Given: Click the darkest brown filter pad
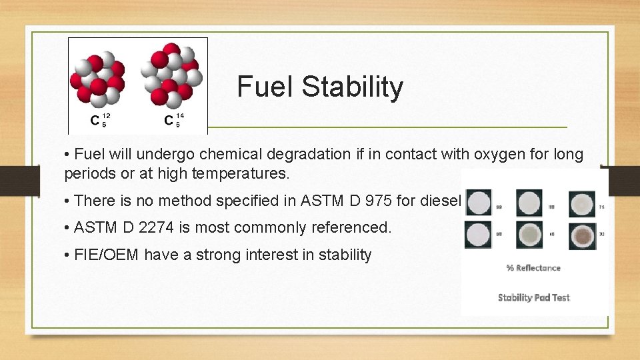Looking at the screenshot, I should click(581, 235).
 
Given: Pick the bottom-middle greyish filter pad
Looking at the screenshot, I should click(530, 235).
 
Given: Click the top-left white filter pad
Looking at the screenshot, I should click(479, 203).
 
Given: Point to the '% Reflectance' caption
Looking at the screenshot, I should click(533, 268).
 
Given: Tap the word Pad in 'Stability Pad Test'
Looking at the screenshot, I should click(541, 297).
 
